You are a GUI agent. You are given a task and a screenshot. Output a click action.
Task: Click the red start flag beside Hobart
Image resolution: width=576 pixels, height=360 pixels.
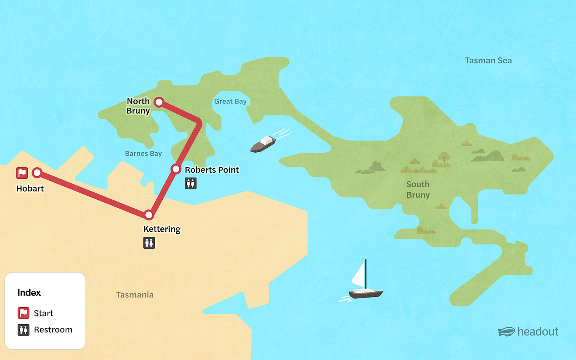(22, 173)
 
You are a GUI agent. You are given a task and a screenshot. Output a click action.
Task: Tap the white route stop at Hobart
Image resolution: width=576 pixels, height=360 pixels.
(37, 173)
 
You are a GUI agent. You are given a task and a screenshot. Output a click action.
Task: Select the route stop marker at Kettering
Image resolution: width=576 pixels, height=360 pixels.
(149, 215)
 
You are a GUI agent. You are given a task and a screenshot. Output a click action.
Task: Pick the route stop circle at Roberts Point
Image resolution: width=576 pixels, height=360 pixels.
(176, 169)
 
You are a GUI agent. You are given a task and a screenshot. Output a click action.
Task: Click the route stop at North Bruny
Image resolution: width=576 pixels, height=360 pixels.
(159, 102)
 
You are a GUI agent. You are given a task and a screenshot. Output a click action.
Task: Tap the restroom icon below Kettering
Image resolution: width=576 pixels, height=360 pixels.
(149, 243)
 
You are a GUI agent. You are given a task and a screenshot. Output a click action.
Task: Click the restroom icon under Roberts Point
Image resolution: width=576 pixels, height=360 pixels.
(191, 183)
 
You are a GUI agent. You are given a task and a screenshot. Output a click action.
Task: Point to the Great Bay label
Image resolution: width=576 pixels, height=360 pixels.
(230, 102)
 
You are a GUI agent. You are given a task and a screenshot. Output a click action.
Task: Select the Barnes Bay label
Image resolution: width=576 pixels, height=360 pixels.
(143, 154)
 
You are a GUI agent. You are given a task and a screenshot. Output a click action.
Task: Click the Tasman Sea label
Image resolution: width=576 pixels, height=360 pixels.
(488, 61)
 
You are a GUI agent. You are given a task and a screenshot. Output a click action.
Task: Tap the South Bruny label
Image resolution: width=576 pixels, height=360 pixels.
(418, 190)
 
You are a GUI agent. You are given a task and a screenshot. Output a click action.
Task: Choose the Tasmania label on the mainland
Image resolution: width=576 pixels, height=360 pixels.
(135, 295)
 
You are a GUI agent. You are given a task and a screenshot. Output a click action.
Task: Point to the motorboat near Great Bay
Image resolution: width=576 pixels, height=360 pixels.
(263, 144)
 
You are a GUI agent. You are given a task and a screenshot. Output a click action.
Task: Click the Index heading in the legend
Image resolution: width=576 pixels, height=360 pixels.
(29, 293)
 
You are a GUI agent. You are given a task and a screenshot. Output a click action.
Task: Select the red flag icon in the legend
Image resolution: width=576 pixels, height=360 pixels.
(23, 313)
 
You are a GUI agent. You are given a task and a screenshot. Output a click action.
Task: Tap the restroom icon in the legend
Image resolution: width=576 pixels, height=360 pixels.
(23, 330)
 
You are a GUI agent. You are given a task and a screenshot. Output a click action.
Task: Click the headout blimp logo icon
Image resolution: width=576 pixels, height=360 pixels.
(506, 332)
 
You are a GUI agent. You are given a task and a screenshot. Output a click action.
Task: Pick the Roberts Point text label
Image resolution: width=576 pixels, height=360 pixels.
(212, 170)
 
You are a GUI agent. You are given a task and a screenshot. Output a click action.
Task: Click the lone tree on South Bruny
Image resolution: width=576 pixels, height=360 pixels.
(444, 158)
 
